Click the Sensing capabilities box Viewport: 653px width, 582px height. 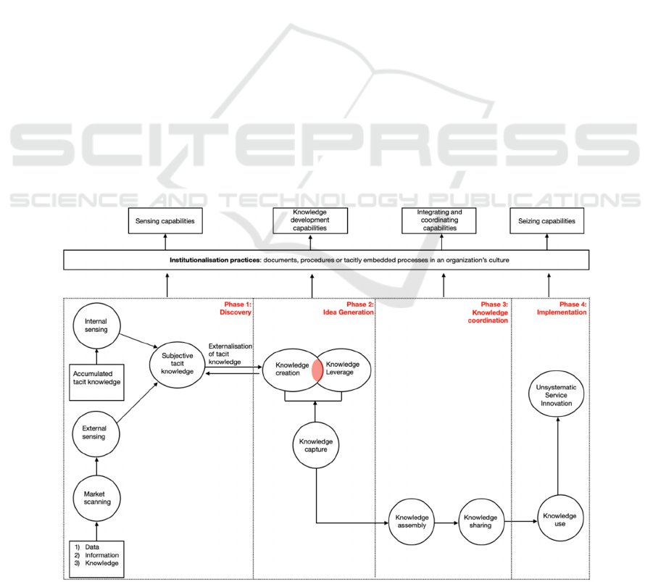pyautogui.click(x=165, y=221)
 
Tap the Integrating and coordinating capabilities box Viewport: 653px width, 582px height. pyautogui.click(x=439, y=221)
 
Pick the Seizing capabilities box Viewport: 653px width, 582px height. pyautogui.click(x=548, y=221)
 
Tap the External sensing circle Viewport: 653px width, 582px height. pyautogui.click(x=95, y=433)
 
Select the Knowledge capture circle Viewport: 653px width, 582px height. pyautogui.click(x=316, y=445)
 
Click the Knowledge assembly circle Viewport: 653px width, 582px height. pyautogui.click(x=412, y=521)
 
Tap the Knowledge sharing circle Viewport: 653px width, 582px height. pyautogui.click(x=481, y=521)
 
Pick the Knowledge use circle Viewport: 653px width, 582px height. pyautogui.click(x=560, y=520)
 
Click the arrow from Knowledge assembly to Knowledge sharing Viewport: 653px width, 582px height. pyautogui.click(x=446, y=521)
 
